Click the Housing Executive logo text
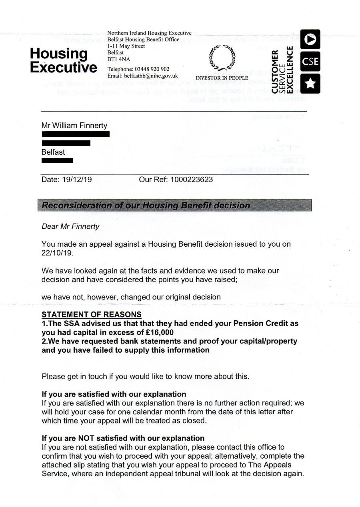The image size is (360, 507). coord(63,60)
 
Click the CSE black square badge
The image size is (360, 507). coord(310,62)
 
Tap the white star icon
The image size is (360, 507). coord(310,84)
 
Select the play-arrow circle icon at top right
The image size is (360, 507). coord(310,40)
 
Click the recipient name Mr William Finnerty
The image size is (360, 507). coord(74,126)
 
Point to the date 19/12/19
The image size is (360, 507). coord(77,180)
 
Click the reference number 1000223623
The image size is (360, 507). coord(191,180)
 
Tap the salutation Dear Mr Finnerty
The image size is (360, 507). coord(70,227)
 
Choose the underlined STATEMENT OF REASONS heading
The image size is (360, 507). coord(92,314)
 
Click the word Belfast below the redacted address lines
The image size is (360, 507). coord(53,152)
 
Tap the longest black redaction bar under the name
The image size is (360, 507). coord(76,134)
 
